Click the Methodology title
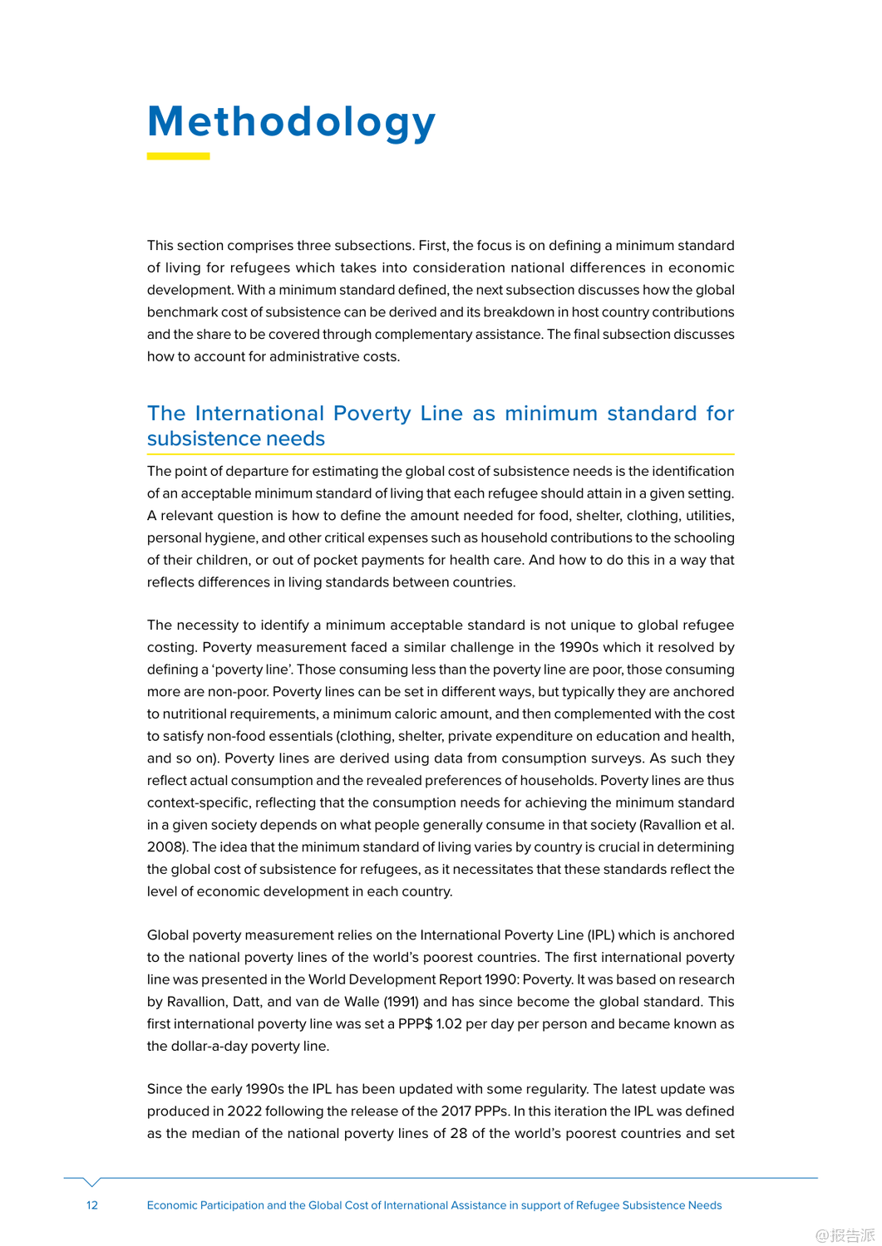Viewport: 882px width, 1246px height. point(291,122)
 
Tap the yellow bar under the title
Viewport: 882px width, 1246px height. point(178,156)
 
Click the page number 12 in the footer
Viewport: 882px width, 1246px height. point(92,1205)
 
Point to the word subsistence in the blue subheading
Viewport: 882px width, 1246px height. point(193,439)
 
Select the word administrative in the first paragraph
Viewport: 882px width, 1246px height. point(280,356)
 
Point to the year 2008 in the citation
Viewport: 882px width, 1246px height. point(165,847)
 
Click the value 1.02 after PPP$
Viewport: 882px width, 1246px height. point(449,1024)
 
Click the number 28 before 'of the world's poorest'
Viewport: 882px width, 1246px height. point(459,1134)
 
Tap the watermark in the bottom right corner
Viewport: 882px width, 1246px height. point(845,1235)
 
